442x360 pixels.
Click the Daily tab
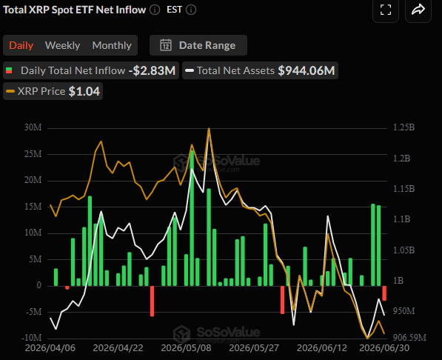point(21,45)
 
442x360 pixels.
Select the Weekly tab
point(62,45)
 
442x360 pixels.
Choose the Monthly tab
point(112,45)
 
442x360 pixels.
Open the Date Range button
point(198,45)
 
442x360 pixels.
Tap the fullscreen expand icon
point(386,10)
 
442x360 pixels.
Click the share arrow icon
point(418,10)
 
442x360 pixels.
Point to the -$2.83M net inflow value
point(152,70)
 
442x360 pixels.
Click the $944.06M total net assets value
point(307,70)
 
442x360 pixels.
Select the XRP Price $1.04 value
point(84,91)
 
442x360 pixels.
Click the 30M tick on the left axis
point(33,127)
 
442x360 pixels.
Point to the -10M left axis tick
point(32,338)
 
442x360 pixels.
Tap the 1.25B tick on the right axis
point(404,127)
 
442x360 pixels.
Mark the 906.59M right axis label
point(409,338)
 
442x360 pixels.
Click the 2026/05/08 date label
point(186,348)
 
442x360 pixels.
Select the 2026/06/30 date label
point(384,348)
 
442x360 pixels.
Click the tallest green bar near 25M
point(192,218)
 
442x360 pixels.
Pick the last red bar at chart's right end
point(384,293)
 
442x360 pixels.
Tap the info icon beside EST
point(191,10)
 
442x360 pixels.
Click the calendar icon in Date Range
point(166,45)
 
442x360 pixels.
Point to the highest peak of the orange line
point(209,128)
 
